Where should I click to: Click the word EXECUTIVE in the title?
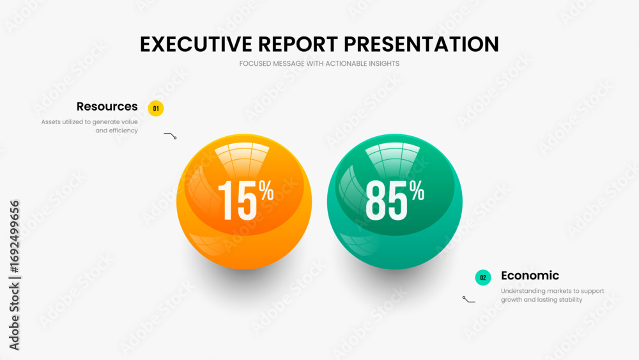pos(196,44)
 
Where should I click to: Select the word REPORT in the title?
pos(298,44)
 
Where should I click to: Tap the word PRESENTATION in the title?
pos(421,44)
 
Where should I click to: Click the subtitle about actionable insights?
pos(319,63)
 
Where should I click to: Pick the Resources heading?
pos(107,106)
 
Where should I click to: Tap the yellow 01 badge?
pos(156,109)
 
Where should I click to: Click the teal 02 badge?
pos(483,278)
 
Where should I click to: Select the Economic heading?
pos(530,276)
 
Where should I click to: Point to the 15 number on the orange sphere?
pos(238,200)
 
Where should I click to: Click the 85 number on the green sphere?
pos(387,200)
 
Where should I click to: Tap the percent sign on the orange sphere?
pos(266,191)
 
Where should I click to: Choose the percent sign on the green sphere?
pos(417,191)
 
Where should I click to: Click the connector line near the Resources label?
pos(171,135)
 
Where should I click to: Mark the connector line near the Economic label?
pos(468,300)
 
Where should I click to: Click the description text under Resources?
pos(89,126)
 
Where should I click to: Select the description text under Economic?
pos(553,295)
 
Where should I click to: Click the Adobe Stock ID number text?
pos(14,237)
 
